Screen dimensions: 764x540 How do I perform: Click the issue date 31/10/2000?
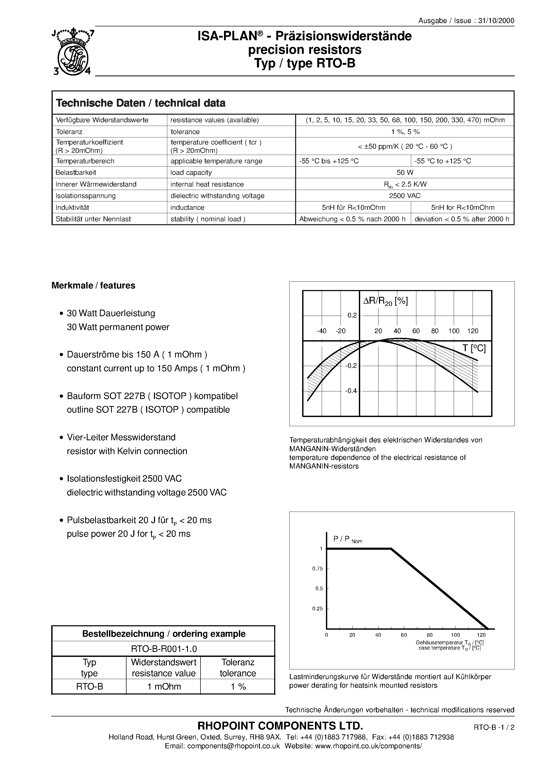tap(496, 21)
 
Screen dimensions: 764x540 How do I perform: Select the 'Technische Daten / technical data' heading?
tap(141, 103)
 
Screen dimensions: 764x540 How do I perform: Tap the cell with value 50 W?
tap(405, 172)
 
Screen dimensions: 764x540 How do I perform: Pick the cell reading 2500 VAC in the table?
tap(405, 196)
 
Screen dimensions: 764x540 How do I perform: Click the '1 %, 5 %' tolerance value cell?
tap(405, 132)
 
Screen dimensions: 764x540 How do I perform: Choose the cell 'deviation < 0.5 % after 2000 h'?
tap(462, 219)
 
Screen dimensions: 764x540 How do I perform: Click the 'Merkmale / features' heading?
tap(93, 286)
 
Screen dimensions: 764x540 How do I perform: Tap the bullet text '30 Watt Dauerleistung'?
tap(111, 313)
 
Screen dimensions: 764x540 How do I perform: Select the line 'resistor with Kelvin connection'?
tap(127, 451)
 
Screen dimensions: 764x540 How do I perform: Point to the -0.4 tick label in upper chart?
tap(351, 391)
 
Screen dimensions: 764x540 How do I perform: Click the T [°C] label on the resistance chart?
tap(474, 348)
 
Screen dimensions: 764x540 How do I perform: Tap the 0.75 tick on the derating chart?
tap(317, 569)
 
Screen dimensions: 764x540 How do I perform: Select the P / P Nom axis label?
tap(347, 539)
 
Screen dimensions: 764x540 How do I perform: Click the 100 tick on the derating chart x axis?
tap(455, 635)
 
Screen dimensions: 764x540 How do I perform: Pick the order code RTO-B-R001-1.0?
tap(163, 649)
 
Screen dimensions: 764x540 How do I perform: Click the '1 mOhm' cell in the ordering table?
tap(164, 686)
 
